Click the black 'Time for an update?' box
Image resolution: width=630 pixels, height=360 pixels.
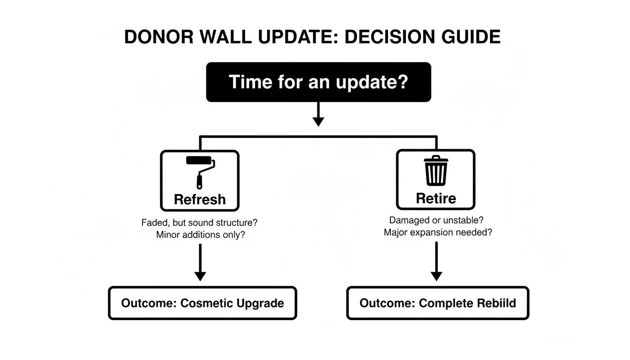click(318, 82)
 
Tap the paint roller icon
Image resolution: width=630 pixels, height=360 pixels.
click(201, 171)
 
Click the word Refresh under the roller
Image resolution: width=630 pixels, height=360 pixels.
click(200, 199)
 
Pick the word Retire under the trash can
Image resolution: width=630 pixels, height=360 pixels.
click(436, 198)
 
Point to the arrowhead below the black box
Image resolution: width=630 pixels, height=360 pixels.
click(318, 121)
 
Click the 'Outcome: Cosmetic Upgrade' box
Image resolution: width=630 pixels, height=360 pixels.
click(202, 303)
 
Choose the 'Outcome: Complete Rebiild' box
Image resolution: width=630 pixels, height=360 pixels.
click(437, 303)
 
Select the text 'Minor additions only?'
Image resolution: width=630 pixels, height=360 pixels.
click(200, 235)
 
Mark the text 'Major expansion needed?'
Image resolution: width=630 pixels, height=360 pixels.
click(437, 232)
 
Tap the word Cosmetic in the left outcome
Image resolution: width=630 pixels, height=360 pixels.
click(207, 303)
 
